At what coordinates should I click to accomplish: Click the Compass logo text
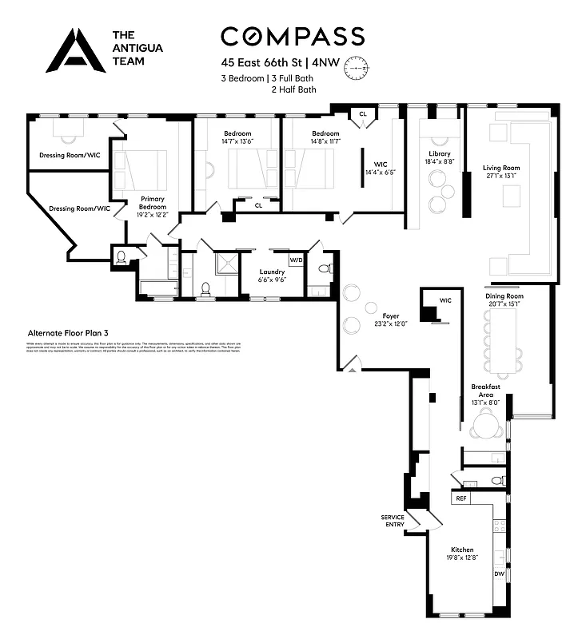coord(293,36)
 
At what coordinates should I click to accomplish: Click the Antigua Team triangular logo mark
coord(75,50)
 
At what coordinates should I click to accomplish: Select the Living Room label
coord(500,168)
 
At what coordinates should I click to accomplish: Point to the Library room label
coord(439,154)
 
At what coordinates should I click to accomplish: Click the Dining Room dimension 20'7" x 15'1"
coord(504,304)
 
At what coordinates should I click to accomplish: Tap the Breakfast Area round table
coord(484,428)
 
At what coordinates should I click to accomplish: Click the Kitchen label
coord(462,550)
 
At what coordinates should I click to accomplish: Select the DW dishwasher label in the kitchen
coord(499,574)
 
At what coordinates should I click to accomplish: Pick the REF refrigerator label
coord(460,498)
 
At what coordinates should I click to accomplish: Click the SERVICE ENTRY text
coord(392,521)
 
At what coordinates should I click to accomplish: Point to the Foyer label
coord(391,316)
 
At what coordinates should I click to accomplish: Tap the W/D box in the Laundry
coord(296,260)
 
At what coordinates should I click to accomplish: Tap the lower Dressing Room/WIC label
coord(79,208)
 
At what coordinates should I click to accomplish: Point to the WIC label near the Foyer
coord(445,300)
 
